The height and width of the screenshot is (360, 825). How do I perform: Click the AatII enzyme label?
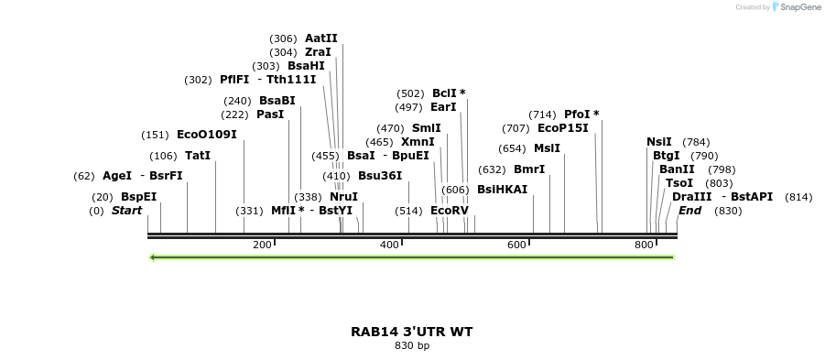[320, 38]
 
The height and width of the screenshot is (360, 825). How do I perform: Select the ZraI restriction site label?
[318, 52]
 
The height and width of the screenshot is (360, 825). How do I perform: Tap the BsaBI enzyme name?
[277, 101]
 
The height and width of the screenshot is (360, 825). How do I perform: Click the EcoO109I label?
[206, 135]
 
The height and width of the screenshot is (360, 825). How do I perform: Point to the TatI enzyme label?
[198, 156]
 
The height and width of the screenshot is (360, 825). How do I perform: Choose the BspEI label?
[138, 197]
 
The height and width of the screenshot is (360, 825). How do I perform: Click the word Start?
[127, 211]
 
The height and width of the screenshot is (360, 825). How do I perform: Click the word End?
[689, 211]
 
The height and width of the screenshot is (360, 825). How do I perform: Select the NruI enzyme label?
[343, 197]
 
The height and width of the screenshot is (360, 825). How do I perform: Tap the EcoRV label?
[449, 211]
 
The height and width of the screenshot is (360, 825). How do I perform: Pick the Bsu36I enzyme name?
[379, 176]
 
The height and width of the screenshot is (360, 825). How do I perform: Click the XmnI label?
[418, 142]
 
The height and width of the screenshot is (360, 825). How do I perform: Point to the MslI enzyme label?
[547, 148]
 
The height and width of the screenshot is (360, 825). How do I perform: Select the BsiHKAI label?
[502, 190]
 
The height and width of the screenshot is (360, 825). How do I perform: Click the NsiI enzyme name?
[658, 142]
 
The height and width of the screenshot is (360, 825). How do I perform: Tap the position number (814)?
[798, 197]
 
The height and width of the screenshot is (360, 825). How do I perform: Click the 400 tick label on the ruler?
[390, 245]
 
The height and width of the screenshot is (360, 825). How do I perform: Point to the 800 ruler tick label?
[645, 245]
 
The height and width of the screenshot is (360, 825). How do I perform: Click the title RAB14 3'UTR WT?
[412, 332]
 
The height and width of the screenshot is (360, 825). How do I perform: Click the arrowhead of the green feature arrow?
[153, 257]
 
